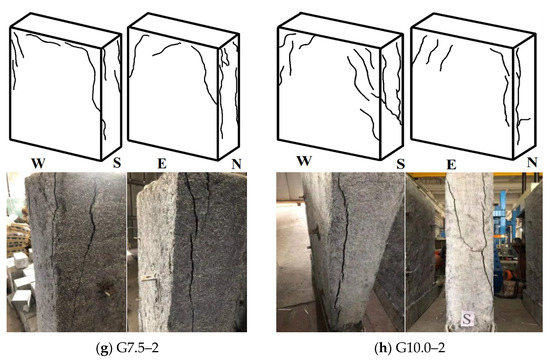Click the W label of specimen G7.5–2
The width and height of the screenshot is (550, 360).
(38, 164)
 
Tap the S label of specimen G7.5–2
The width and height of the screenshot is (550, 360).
(117, 163)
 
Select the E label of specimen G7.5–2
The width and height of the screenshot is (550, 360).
(162, 164)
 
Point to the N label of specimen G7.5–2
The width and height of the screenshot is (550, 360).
(236, 164)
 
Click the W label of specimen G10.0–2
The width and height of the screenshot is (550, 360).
(304, 161)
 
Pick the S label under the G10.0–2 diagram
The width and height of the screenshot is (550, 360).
(401, 164)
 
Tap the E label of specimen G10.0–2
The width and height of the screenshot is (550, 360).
(451, 164)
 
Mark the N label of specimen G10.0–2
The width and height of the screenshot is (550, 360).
(532, 162)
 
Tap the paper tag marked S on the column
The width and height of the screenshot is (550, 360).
(467, 319)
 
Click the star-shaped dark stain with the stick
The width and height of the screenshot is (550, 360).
(105, 288)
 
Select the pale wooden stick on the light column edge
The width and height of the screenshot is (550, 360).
(149, 279)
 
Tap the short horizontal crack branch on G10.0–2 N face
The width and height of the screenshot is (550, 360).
(524, 120)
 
